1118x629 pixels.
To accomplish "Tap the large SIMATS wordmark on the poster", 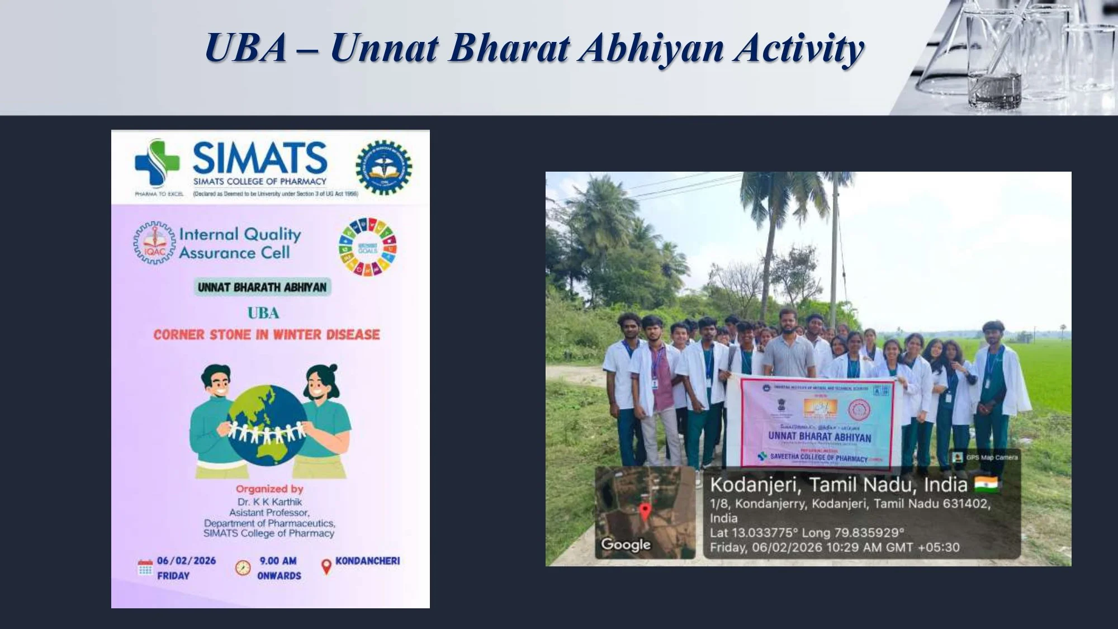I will pyautogui.click(x=260, y=158).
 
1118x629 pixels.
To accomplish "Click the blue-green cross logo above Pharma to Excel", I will pyautogui.click(x=157, y=162).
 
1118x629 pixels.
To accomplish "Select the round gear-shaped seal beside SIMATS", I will pyautogui.click(x=383, y=168).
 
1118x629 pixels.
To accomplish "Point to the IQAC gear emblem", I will pyautogui.click(x=154, y=243).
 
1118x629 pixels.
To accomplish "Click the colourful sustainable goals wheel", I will pyautogui.click(x=367, y=247).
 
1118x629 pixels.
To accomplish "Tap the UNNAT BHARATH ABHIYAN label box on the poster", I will pyautogui.click(x=262, y=287).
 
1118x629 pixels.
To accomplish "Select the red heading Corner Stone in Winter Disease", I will pyautogui.click(x=267, y=335).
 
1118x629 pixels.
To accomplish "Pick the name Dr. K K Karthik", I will pyautogui.click(x=269, y=502).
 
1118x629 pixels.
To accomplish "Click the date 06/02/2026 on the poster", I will pyautogui.click(x=186, y=561).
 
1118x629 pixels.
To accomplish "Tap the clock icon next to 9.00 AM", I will pyautogui.click(x=243, y=567).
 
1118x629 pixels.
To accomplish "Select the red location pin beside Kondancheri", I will pyautogui.click(x=326, y=567).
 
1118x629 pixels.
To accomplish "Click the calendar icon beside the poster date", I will pyautogui.click(x=145, y=567).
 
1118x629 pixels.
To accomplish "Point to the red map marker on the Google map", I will pyautogui.click(x=645, y=511).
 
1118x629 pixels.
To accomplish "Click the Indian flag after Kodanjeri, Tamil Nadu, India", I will pyautogui.click(x=986, y=484).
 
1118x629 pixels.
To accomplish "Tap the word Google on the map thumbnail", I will pyautogui.click(x=626, y=544).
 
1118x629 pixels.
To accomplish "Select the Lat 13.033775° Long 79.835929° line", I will pyautogui.click(x=807, y=532).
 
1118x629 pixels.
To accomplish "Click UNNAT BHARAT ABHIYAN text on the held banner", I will pyautogui.click(x=819, y=437).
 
